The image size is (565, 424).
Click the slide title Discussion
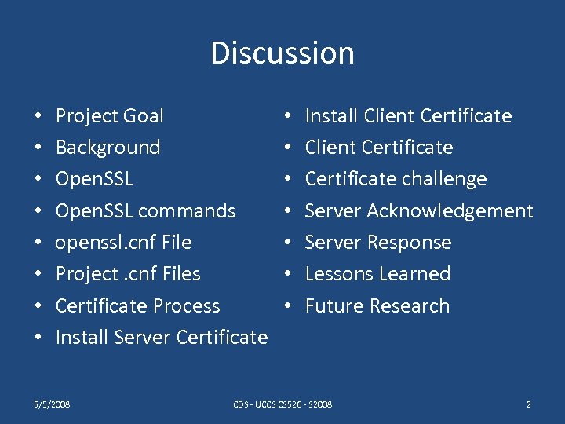coord(282,53)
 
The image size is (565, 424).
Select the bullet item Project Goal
coord(109,116)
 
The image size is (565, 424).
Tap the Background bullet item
coord(108,148)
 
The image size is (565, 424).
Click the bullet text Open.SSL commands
coord(145,211)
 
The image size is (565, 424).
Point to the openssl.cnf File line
coord(123,243)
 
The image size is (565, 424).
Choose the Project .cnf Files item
coord(128,274)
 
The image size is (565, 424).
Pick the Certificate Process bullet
coord(137,306)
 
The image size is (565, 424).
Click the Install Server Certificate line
coord(162,338)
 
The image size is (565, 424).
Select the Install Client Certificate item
coord(408,116)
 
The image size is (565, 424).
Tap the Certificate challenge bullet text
coord(395,179)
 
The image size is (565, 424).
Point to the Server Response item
coord(378,243)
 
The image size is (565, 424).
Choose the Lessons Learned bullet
coord(377,274)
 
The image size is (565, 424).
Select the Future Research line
coord(377,306)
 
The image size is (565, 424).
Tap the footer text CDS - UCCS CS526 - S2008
coord(282,404)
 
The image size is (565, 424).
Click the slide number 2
coord(529,404)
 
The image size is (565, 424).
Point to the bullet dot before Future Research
coord(288,306)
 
